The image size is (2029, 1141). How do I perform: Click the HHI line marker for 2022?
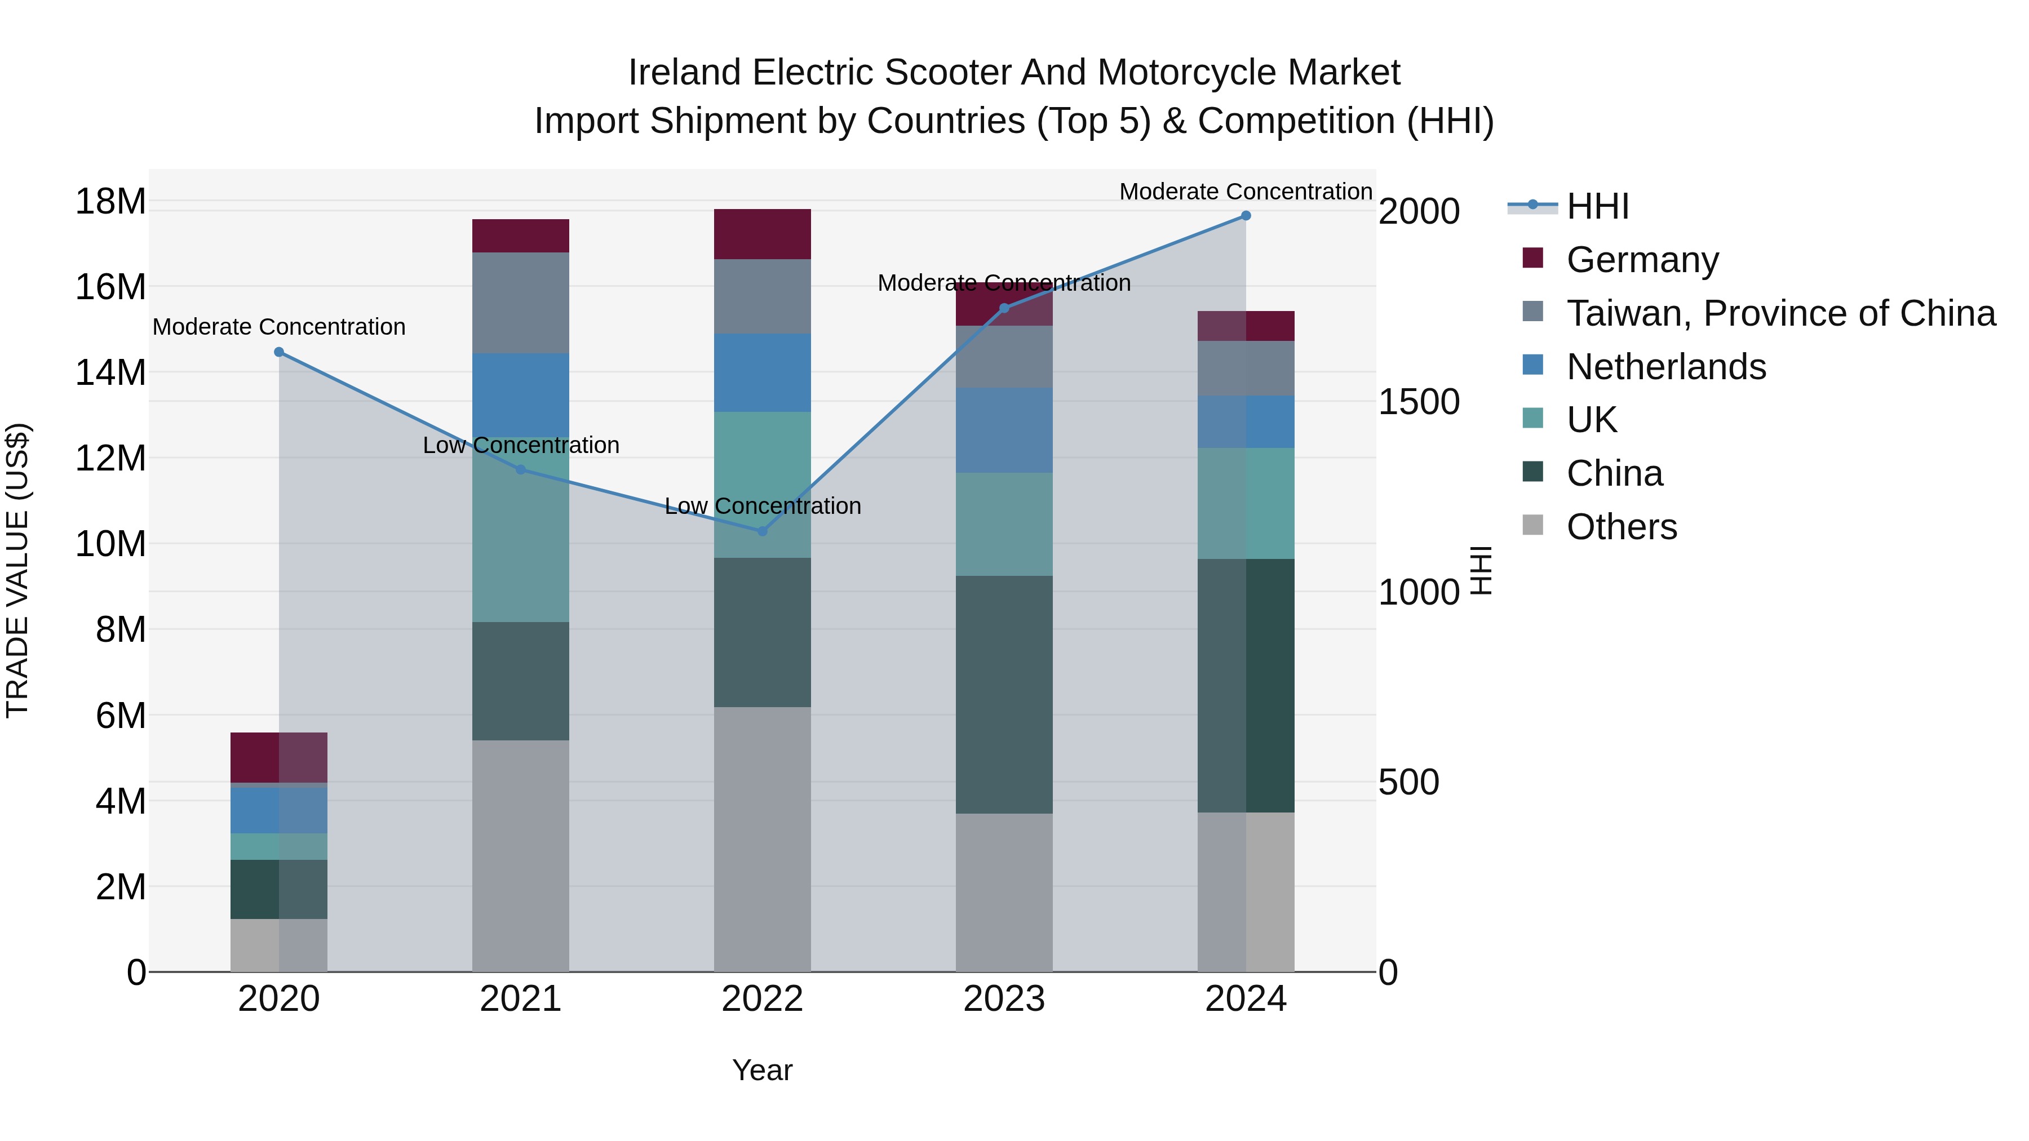coord(761,531)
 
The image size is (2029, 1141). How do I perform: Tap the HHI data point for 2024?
coord(1245,216)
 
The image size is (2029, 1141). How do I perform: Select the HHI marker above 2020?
coord(279,352)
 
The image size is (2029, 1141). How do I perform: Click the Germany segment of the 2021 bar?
coord(520,236)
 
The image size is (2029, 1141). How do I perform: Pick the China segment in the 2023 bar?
coord(1003,695)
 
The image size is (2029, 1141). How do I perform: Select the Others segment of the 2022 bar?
coord(761,838)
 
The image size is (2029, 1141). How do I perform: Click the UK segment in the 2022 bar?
coord(761,484)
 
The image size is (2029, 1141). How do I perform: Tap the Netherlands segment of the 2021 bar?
coord(520,394)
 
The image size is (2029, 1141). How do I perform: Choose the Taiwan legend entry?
coord(1780,313)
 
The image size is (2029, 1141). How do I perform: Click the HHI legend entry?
coord(1597,206)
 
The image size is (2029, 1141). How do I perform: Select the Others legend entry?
coord(1621,527)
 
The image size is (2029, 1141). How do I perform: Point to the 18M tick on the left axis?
coord(110,202)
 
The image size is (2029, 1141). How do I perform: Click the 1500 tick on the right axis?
coord(1419,402)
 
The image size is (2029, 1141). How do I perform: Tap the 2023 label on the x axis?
coord(1003,999)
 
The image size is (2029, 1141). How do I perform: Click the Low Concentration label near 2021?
coord(521,446)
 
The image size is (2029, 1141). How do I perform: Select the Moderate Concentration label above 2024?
coord(1245,192)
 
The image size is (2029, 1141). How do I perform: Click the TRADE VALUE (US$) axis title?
coord(17,570)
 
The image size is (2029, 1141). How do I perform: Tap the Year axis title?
coord(761,1070)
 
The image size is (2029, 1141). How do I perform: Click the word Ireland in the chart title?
coord(684,73)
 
